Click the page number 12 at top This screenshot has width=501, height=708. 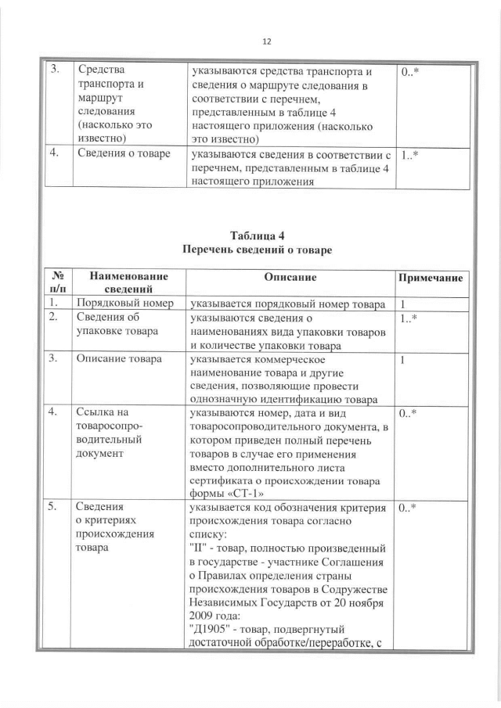pos(266,41)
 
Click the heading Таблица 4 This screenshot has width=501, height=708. pos(257,235)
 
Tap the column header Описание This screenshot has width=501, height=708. pos(290,278)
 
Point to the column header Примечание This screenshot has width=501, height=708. pos(431,279)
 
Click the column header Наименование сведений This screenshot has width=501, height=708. pos(128,284)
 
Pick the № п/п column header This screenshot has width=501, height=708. pos(56,284)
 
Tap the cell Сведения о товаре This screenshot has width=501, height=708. pos(123,154)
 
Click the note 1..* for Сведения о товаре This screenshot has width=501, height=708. pos(409,154)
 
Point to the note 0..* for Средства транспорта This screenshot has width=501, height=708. pos(409,71)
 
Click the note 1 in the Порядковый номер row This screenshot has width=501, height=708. pos(402,304)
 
